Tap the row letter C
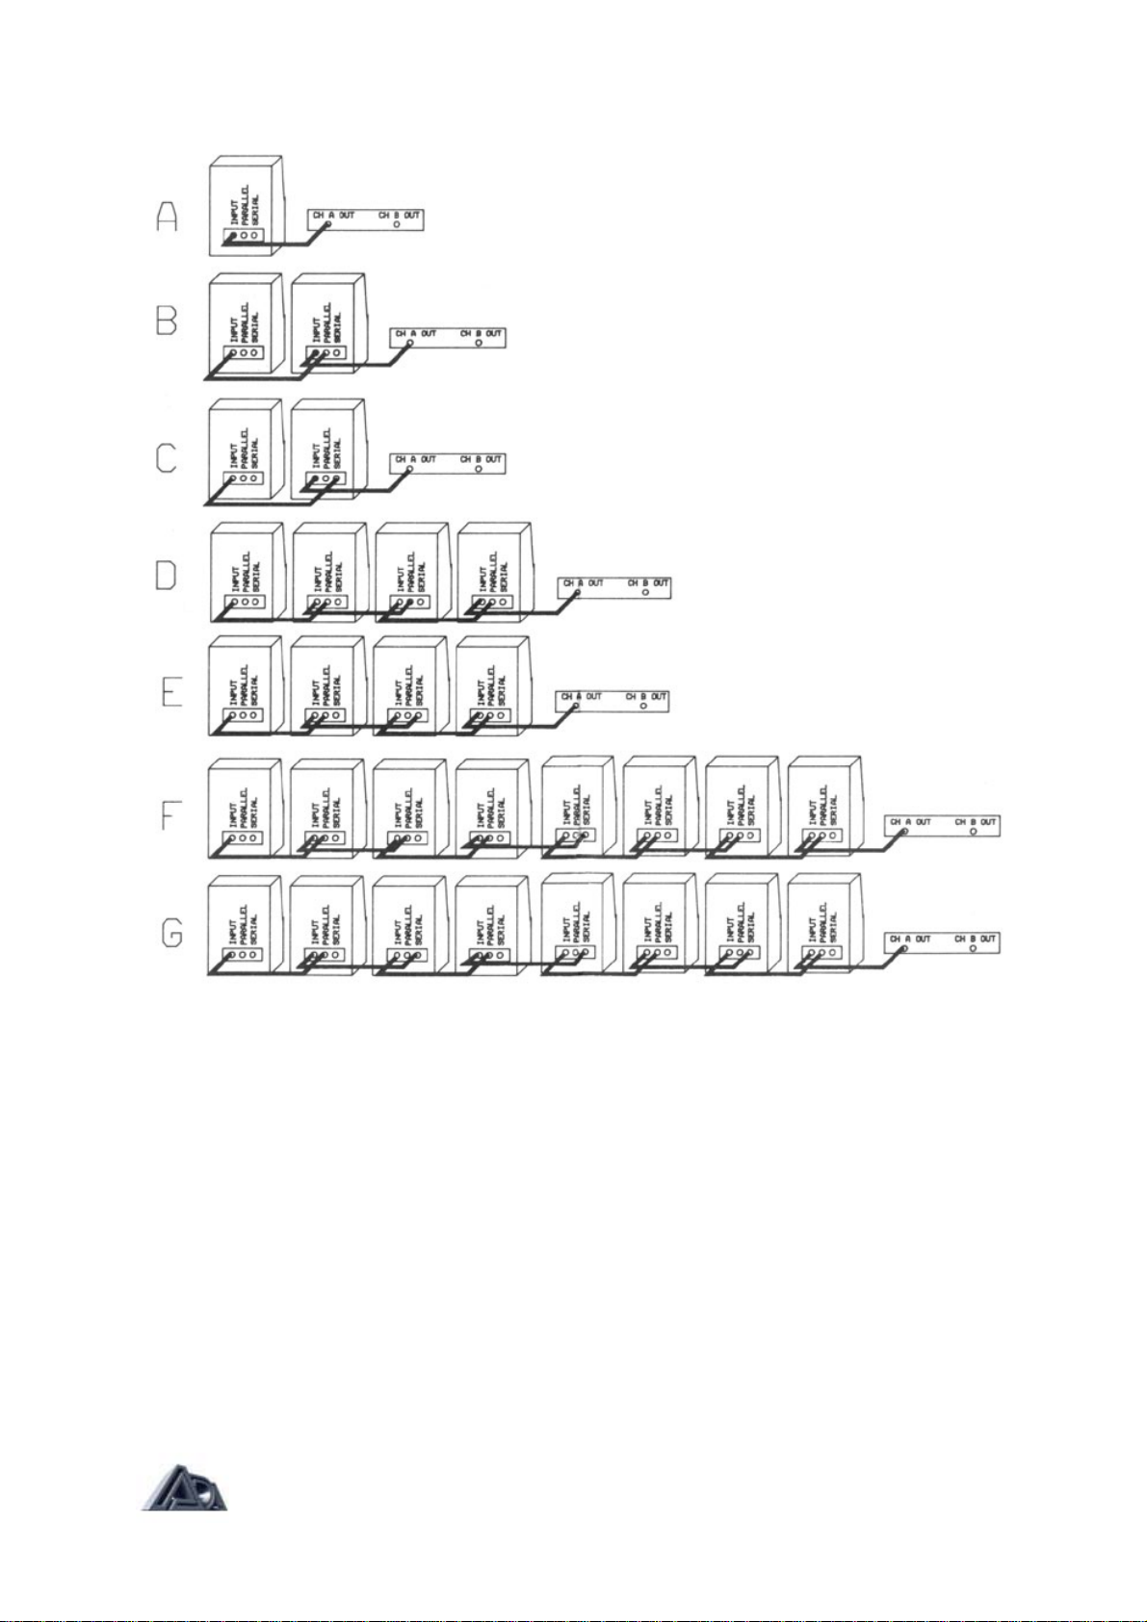(167, 457)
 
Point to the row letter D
(167, 575)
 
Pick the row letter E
(170, 691)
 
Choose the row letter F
(170, 816)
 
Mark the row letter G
(171, 933)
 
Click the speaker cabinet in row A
(246, 206)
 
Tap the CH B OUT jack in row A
(397, 225)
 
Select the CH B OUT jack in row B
(479, 344)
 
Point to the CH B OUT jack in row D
(645, 593)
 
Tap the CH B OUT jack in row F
(974, 832)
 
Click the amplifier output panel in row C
(447, 462)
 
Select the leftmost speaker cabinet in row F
(246, 807)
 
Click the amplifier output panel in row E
(613, 700)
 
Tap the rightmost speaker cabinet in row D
(494, 571)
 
